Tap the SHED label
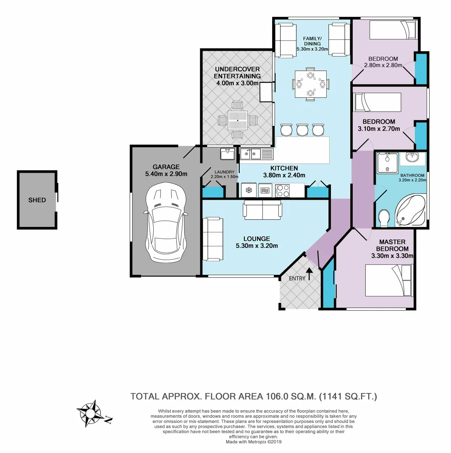click(x=37, y=200)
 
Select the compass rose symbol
click(x=90, y=412)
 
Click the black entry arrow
click(x=309, y=274)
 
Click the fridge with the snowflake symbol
click(x=249, y=190)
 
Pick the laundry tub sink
click(x=228, y=154)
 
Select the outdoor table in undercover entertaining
click(x=238, y=120)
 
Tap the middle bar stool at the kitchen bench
click(x=302, y=130)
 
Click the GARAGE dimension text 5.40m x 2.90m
click(x=166, y=174)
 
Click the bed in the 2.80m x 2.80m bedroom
click(x=393, y=30)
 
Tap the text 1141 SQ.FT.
click(x=348, y=396)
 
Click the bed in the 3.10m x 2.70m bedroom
click(x=378, y=102)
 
